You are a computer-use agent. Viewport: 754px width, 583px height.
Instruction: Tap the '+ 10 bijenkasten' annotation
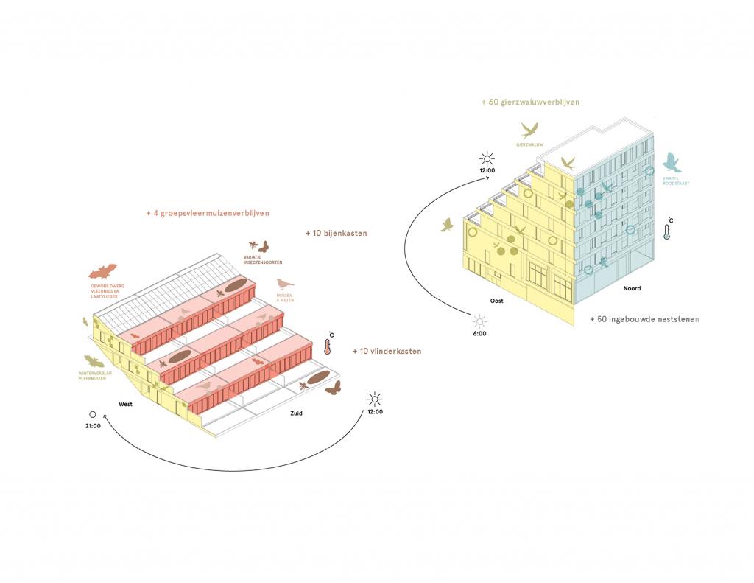(x=336, y=233)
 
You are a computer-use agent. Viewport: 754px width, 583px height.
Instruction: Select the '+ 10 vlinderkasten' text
(x=387, y=352)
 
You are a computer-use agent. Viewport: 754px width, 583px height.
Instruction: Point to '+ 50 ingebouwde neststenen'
(x=644, y=319)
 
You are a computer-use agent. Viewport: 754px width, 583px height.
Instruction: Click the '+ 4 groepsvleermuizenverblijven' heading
(x=208, y=213)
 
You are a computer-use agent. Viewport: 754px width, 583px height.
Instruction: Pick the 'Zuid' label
(x=296, y=413)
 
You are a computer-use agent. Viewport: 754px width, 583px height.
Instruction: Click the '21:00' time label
(x=93, y=426)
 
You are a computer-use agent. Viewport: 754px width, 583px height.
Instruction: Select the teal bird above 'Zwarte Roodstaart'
(x=672, y=162)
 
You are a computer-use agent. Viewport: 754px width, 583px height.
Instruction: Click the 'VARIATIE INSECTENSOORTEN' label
(x=263, y=260)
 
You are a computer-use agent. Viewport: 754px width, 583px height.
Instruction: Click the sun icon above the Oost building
(x=487, y=158)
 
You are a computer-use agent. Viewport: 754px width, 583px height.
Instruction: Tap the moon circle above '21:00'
(x=94, y=414)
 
